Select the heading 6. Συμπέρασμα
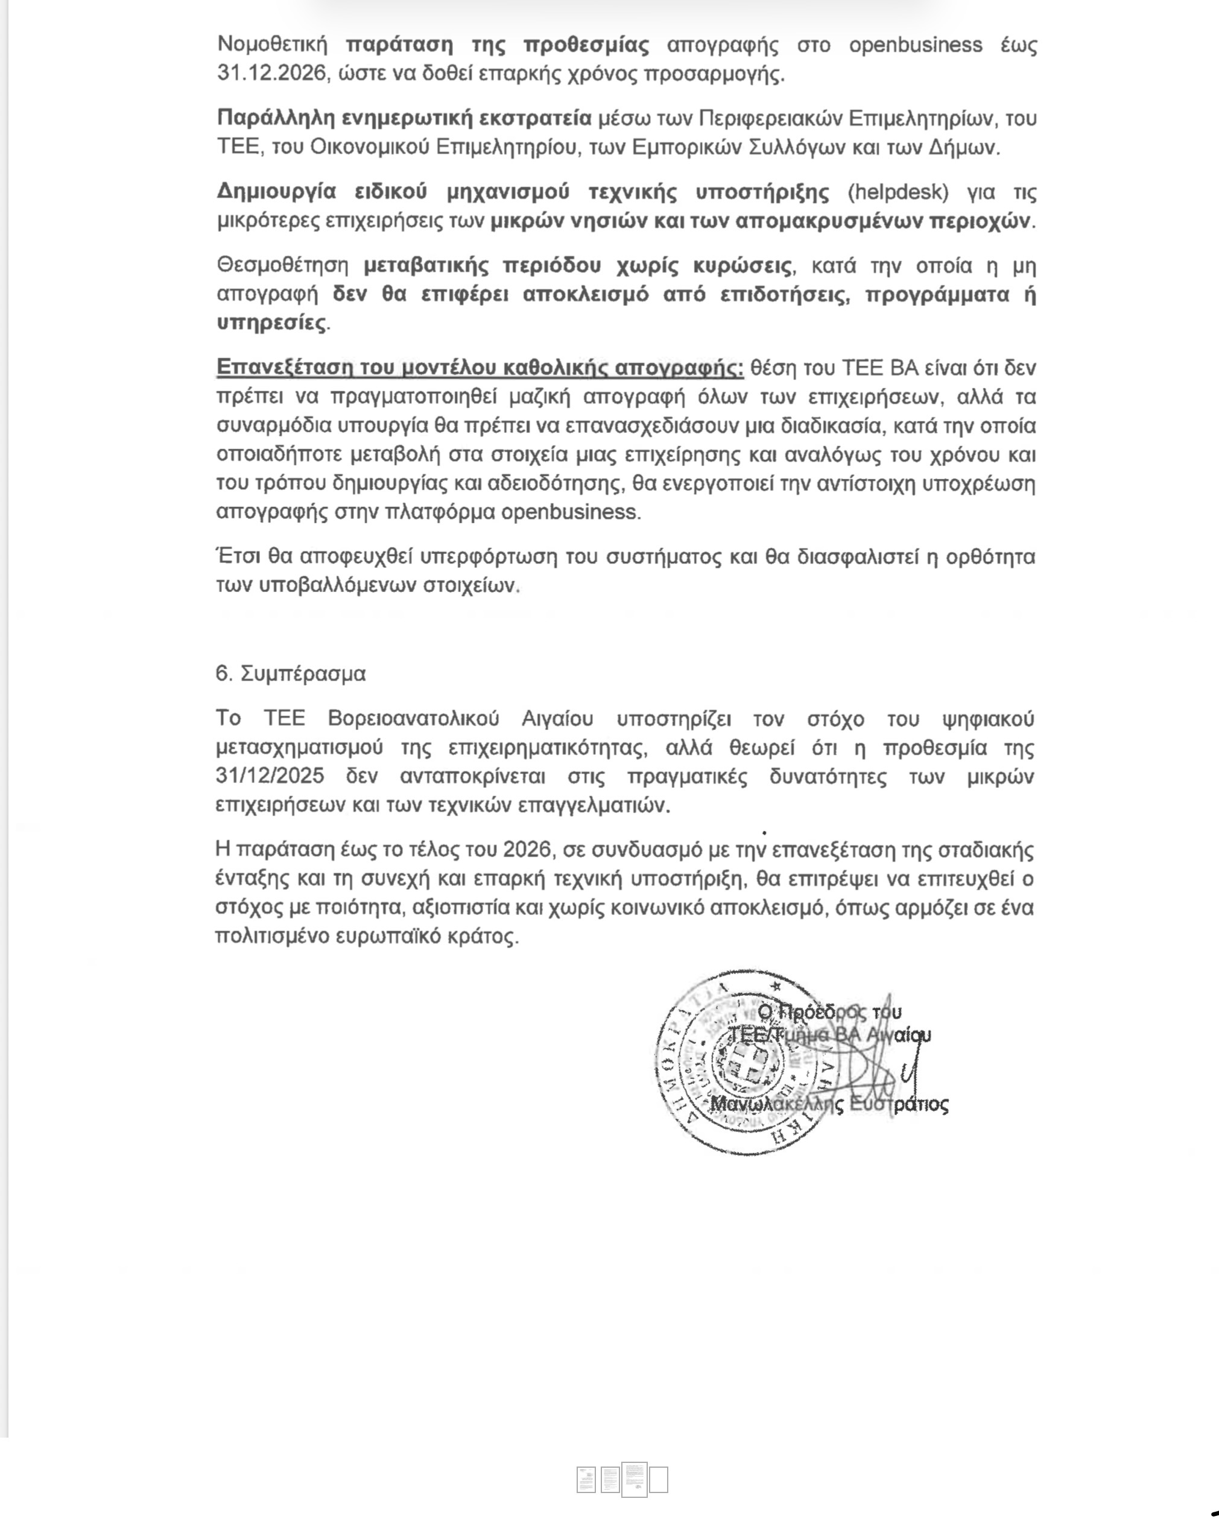pyautogui.click(x=291, y=674)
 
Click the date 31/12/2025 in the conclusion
pyautogui.click(x=270, y=776)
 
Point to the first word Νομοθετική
pyautogui.click(x=273, y=45)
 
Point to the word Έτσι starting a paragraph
pyautogui.click(x=236, y=557)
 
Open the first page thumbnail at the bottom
pyautogui.click(x=586, y=1480)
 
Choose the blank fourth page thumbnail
pyautogui.click(x=658, y=1480)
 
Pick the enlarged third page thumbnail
pyautogui.click(x=634, y=1478)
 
